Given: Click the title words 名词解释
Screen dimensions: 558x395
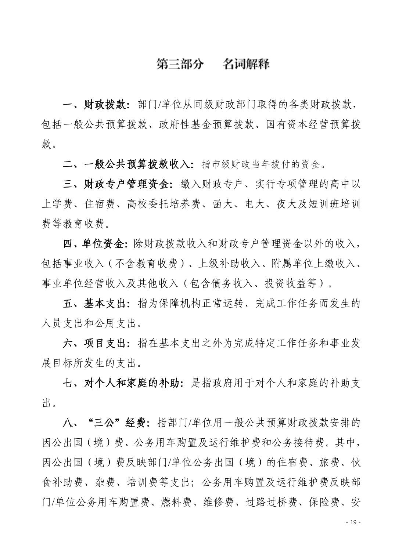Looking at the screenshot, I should pos(246,64).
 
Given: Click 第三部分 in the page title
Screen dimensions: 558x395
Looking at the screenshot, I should pos(180,64).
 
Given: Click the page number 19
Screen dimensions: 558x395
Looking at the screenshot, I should pos(354,522).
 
